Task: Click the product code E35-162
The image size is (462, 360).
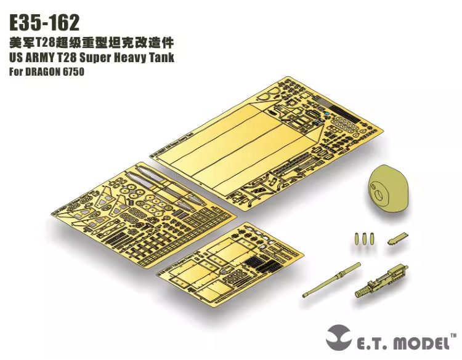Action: coord(44,23)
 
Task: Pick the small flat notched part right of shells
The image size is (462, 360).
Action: coord(398,239)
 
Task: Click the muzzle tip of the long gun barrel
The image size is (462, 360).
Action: coord(305,295)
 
